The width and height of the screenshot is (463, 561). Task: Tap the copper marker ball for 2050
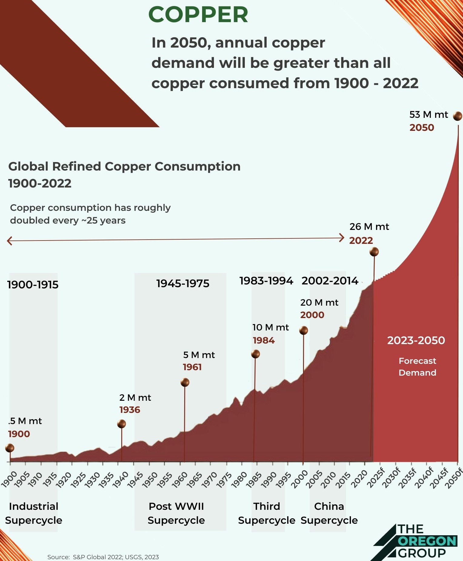[457, 116]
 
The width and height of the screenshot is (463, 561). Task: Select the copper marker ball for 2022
[374, 252]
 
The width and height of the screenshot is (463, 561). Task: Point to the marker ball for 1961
[185, 382]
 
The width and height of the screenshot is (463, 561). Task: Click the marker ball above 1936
[122, 424]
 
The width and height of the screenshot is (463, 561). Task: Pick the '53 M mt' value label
[428, 115]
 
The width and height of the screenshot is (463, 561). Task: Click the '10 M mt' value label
[271, 327]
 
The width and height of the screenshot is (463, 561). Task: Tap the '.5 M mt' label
[25, 421]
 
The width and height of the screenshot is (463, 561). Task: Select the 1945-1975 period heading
[183, 284]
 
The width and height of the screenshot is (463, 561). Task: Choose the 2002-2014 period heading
[330, 281]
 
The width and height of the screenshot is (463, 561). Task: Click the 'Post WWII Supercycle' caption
[176, 513]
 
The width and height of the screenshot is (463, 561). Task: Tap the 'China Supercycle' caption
[329, 513]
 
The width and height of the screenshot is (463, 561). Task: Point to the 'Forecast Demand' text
[417, 367]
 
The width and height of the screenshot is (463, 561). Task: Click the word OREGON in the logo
[427, 541]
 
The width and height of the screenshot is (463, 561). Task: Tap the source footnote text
[103, 557]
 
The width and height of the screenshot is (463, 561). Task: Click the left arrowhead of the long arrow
[9, 241]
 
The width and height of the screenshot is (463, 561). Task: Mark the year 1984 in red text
[264, 340]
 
